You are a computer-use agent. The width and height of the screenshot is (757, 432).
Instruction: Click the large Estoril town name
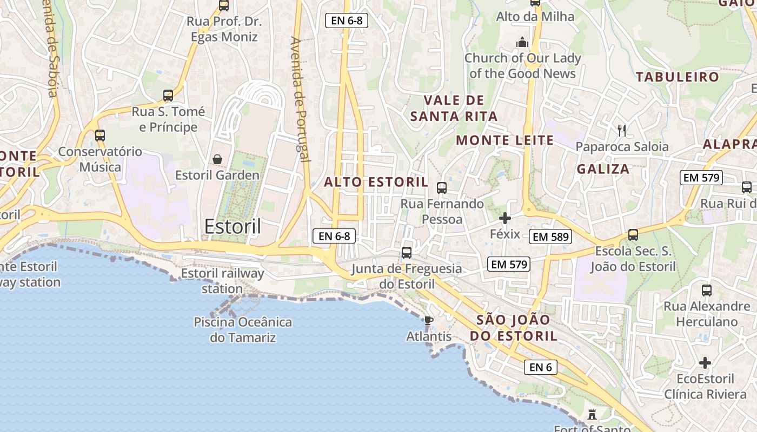click(233, 227)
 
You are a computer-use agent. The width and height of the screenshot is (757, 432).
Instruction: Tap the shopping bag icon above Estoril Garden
click(217, 159)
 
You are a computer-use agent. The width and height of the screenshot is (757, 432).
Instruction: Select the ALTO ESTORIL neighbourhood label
click(376, 182)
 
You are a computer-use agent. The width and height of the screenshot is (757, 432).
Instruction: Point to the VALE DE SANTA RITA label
click(454, 108)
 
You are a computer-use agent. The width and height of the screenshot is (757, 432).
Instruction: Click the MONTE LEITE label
click(504, 140)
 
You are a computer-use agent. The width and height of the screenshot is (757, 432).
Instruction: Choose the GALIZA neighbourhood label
click(603, 169)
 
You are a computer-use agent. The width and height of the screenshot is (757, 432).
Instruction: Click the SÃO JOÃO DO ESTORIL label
click(513, 328)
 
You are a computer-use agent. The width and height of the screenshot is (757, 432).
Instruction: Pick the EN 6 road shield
click(540, 367)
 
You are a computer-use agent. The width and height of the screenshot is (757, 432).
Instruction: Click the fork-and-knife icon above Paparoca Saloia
click(622, 130)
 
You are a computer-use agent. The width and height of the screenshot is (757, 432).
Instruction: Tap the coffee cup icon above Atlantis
click(428, 320)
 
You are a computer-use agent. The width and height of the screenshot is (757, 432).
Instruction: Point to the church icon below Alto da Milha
click(522, 42)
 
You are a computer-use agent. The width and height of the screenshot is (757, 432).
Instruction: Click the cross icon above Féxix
click(505, 218)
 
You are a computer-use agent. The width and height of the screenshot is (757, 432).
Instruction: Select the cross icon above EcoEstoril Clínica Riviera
click(705, 363)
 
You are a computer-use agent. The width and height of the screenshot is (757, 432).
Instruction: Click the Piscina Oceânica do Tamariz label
click(243, 330)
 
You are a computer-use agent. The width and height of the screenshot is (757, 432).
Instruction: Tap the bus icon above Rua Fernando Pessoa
click(442, 188)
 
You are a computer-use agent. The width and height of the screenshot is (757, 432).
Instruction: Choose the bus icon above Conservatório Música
click(100, 136)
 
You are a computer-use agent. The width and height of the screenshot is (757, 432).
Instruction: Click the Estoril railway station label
click(222, 281)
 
